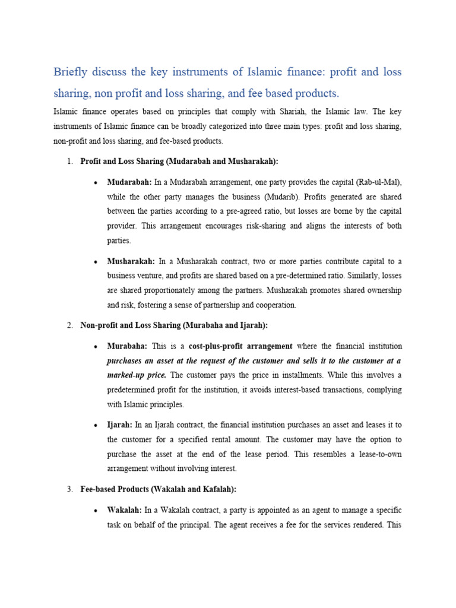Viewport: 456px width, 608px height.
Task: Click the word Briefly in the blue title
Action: (x=72, y=72)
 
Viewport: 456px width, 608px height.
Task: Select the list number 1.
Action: (x=69, y=161)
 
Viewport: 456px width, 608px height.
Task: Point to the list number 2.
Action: (x=69, y=325)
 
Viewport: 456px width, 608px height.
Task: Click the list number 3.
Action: (x=69, y=489)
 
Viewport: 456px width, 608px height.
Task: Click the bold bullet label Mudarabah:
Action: (x=129, y=182)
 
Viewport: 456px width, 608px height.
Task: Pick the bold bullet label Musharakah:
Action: (x=131, y=261)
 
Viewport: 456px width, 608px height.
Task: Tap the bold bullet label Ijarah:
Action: (x=121, y=425)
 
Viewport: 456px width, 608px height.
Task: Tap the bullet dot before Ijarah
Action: (x=96, y=426)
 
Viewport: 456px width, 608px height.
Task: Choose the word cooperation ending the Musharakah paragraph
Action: (x=274, y=305)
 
